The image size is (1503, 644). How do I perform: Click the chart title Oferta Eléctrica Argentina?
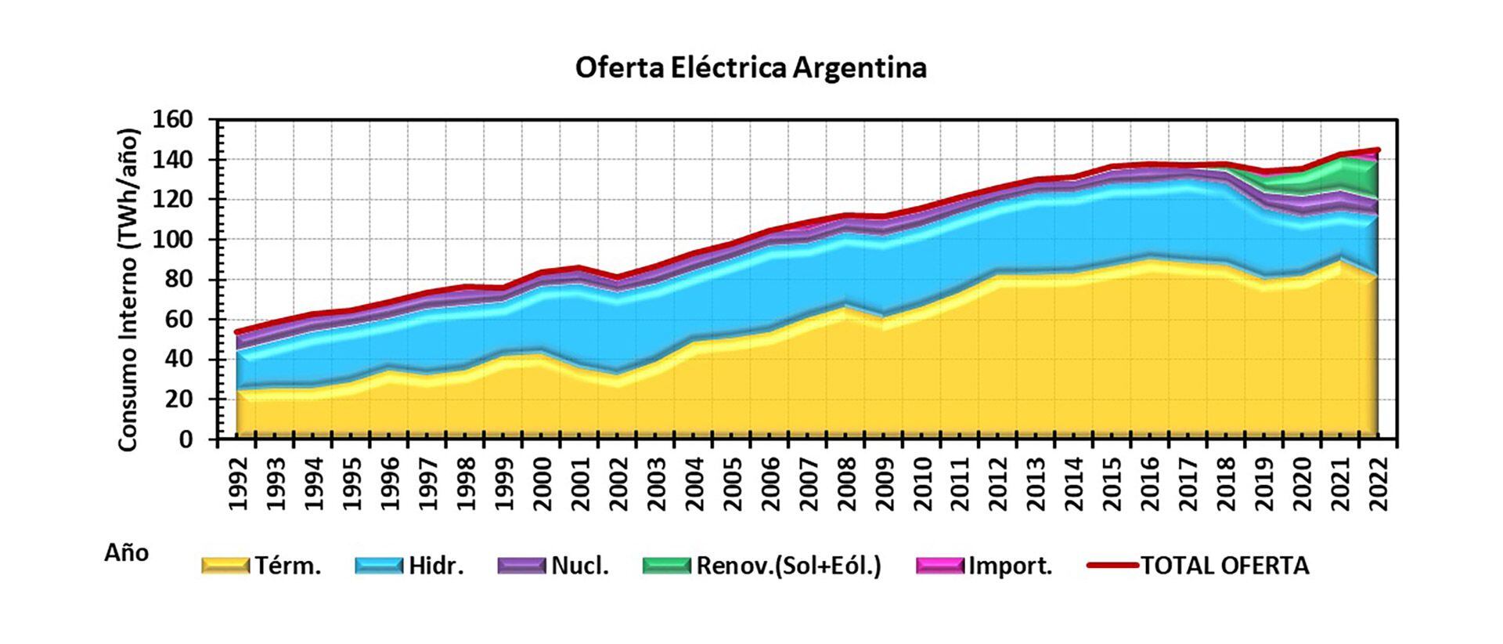[751, 67]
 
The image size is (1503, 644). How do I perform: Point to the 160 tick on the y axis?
[175, 120]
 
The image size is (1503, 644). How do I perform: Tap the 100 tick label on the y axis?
[175, 240]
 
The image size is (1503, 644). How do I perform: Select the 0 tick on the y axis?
[185, 440]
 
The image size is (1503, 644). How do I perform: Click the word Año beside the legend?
[126, 553]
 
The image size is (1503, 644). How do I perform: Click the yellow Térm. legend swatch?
[225, 565]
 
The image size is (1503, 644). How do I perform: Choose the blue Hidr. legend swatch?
[379, 565]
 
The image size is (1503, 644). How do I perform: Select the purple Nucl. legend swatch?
[521, 565]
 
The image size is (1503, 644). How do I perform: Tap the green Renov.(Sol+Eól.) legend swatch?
[666, 565]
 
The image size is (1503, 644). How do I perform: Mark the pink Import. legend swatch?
[940, 565]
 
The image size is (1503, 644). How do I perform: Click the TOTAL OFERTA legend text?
[1224, 565]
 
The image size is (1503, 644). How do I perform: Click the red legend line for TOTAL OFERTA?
[1112, 564]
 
